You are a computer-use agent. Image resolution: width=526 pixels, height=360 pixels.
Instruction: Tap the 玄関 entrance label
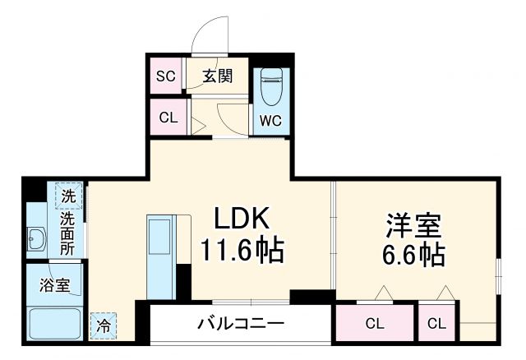pos(218,76)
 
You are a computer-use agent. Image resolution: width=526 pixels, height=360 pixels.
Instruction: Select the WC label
pos(270,120)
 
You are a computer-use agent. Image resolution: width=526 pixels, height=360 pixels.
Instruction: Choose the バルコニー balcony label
pos(240,323)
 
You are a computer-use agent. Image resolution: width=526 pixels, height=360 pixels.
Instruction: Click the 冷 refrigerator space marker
pos(104,325)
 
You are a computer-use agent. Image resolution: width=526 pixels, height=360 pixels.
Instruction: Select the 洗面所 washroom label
pos(68,234)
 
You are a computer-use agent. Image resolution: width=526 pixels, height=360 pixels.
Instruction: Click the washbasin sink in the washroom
pos(37,240)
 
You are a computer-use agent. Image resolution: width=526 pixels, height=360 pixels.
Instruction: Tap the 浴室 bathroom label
pos(55,287)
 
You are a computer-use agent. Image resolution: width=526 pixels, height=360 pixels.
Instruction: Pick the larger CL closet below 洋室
pos(374,323)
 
